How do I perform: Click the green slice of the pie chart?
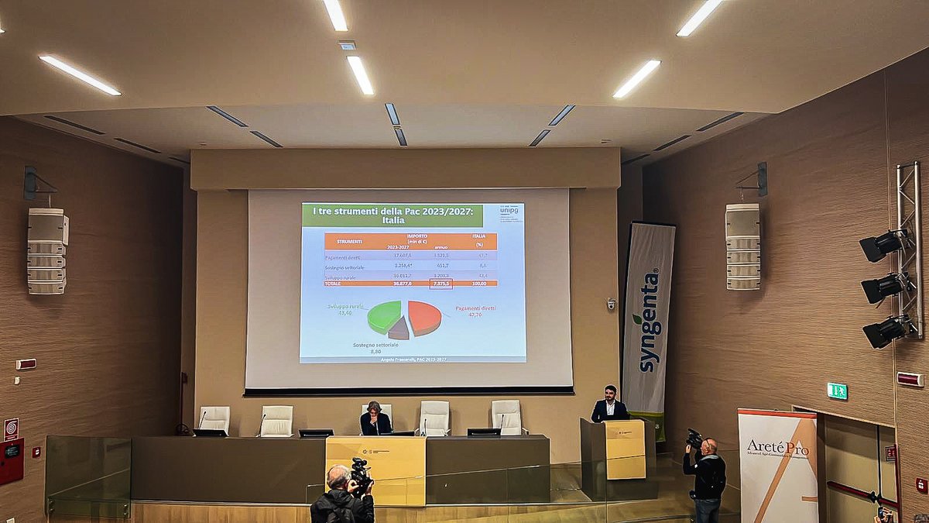pyautogui.click(x=382, y=316)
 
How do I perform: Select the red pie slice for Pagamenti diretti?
pyautogui.click(x=425, y=316)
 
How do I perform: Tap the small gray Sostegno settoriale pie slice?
pyautogui.click(x=399, y=329)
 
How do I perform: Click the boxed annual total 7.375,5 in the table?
pyautogui.click(x=441, y=284)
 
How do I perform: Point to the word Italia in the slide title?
pyautogui.click(x=328, y=221)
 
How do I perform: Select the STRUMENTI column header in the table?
pyautogui.click(x=349, y=241)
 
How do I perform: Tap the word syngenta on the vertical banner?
pyautogui.click(x=649, y=322)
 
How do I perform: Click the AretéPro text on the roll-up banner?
pyautogui.click(x=776, y=447)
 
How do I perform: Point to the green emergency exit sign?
pyautogui.click(x=837, y=391)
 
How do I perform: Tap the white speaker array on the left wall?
pyautogui.click(x=47, y=251)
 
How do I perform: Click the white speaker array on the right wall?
pyautogui.click(x=742, y=246)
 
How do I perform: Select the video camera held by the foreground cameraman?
pyautogui.click(x=361, y=476)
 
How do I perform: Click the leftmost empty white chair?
pyautogui.click(x=214, y=419)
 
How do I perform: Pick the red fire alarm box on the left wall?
pyautogui.click(x=11, y=460)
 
